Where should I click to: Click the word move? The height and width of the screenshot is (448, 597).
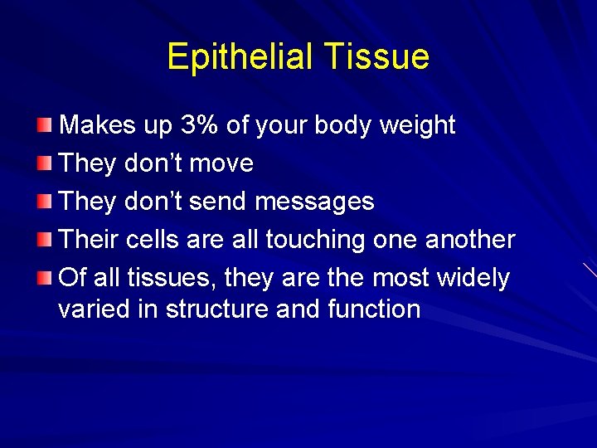coord(221,163)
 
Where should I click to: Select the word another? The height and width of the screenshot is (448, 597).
coord(470,240)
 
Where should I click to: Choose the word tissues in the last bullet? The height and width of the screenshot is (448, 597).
coord(158,278)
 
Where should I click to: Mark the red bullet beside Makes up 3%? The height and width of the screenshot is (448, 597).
coord(44,125)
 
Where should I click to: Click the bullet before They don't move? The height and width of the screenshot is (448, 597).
coord(44,163)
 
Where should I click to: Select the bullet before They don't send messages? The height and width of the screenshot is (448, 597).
coord(44,202)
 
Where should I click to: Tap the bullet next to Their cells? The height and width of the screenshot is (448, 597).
coord(44,240)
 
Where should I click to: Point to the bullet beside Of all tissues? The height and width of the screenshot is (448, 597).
coord(44,278)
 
